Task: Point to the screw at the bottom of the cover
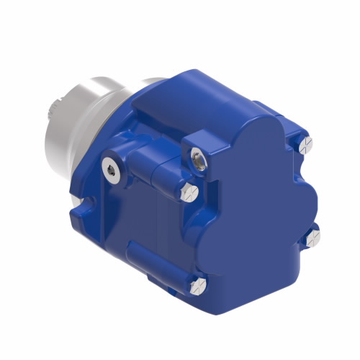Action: tap(199, 287)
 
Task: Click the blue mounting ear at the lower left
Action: tap(83, 205)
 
